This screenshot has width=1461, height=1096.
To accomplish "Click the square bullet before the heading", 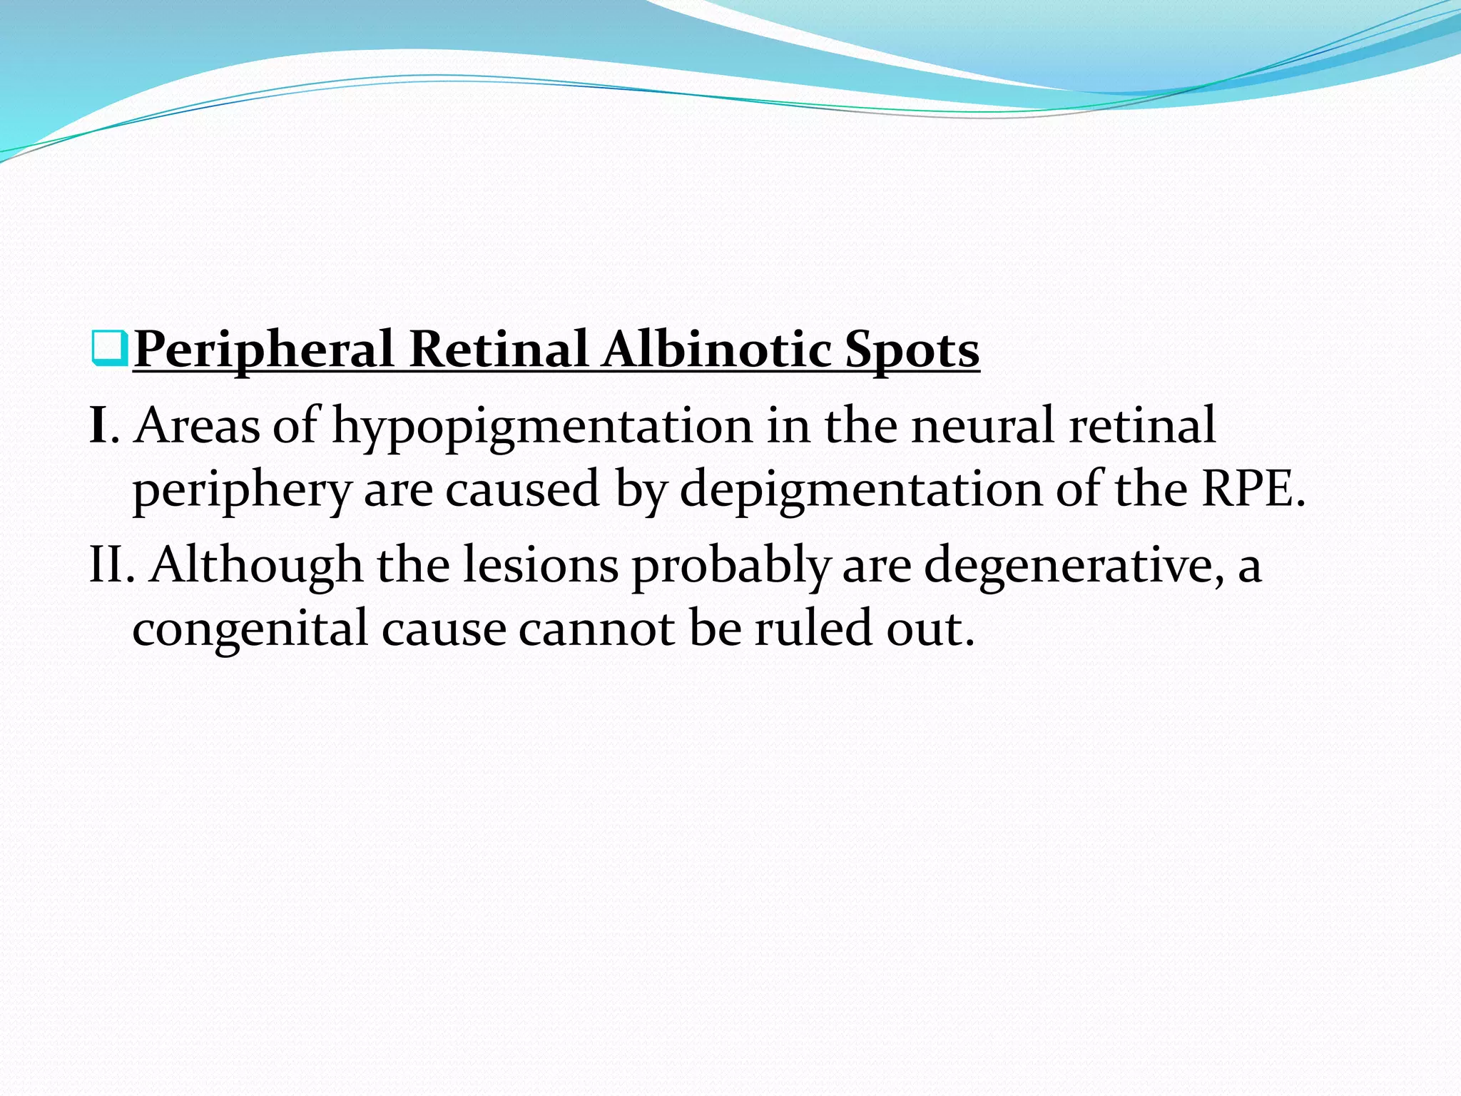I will pos(110,349).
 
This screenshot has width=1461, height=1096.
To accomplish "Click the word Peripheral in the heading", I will pos(263,350).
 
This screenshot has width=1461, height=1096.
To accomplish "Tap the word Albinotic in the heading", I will pos(716,350).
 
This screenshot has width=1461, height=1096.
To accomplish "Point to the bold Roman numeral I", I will pos(98,425).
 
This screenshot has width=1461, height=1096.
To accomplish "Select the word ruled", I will pos(813,629).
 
